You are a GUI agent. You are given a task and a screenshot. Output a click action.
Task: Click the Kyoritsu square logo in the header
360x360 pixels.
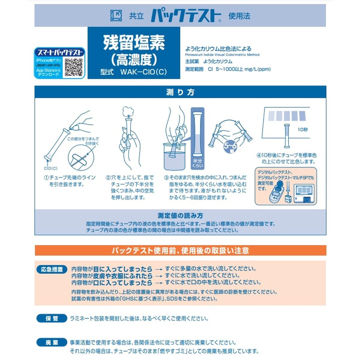pyautogui.click(x=116, y=16)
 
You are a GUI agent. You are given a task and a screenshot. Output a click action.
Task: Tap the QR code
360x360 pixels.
pyautogui.click(x=73, y=67)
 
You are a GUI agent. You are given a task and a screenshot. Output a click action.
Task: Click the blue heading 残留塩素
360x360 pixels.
pyautogui.click(x=134, y=43)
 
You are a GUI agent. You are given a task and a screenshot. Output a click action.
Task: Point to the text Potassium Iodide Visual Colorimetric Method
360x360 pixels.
pyautogui.click(x=222, y=55)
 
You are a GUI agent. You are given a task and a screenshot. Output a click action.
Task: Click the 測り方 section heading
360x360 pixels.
pyautogui.click(x=180, y=92)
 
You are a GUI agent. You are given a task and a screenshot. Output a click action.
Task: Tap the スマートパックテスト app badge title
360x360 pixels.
pyautogui.click(x=60, y=52)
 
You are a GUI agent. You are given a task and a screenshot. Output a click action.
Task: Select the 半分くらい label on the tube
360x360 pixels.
pyautogui.click(x=197, y=163)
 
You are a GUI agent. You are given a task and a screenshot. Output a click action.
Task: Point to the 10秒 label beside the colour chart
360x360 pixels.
pyautogui.click(x=302, y=130)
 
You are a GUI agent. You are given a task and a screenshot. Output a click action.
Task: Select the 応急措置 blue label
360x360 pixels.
pyautogui.click(x=52, y=269)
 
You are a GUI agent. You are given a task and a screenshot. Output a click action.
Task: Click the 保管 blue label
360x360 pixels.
pyautogui.click(x=52, y=318)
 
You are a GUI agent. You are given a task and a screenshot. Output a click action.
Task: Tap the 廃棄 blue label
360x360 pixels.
pyautogui.click(x=52, y=342)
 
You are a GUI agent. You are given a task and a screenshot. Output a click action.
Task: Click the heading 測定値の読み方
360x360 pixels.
pyautogui.click(x=180, y=215)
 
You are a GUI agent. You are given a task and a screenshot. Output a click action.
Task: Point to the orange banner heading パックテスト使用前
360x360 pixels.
pyautogui.click(x=180, y=250)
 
